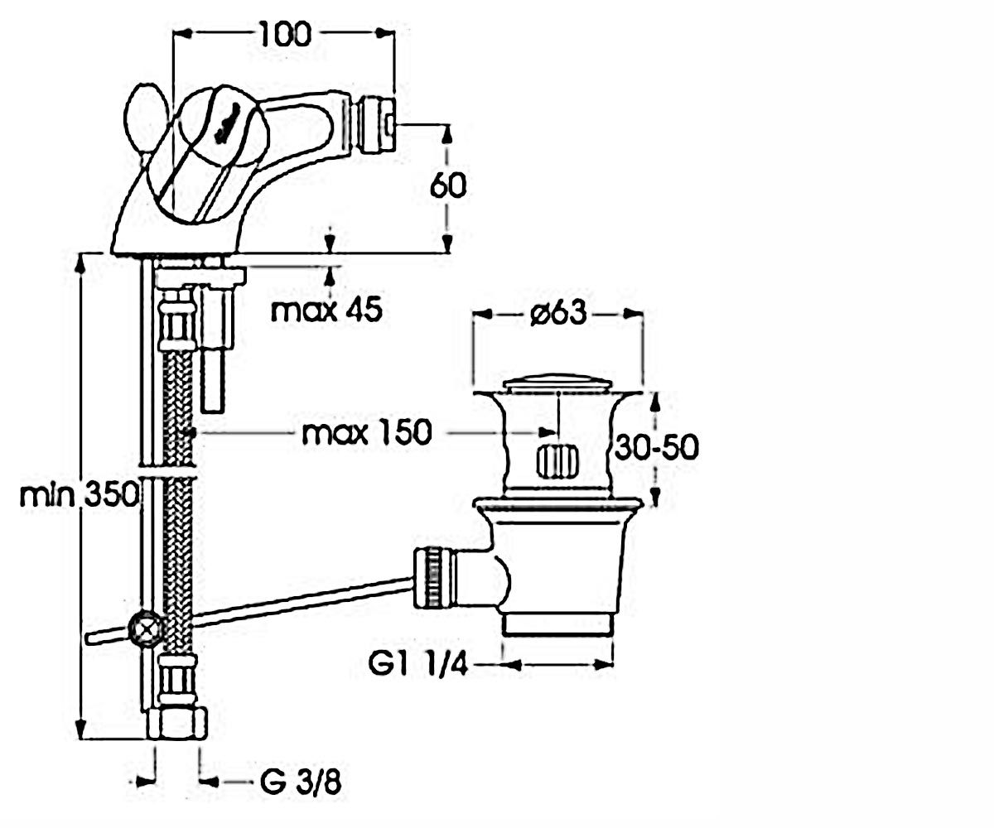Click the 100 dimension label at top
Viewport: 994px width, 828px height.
click(286, 34)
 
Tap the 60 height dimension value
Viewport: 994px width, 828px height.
click(448, 185)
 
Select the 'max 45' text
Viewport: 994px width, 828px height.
click(326, 310)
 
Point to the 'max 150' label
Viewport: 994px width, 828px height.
click(367, 432)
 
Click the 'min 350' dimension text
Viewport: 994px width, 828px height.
click(79, 495)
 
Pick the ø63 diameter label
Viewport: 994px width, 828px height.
click(558, 314)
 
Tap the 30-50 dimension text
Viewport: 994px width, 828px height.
click(657, 446)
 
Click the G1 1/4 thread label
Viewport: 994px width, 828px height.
click(418, 664)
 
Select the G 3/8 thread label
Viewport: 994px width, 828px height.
click(301, 782)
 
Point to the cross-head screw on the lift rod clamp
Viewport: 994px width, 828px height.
click(147, 629)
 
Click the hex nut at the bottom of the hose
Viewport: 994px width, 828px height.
click(176, 724)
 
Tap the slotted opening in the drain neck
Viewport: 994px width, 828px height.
click(557, 461)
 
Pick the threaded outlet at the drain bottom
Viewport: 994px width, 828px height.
click(558, 624)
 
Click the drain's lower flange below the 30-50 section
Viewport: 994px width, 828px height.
click(558, 504)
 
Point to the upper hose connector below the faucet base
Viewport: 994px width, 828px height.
click(177, 325)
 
